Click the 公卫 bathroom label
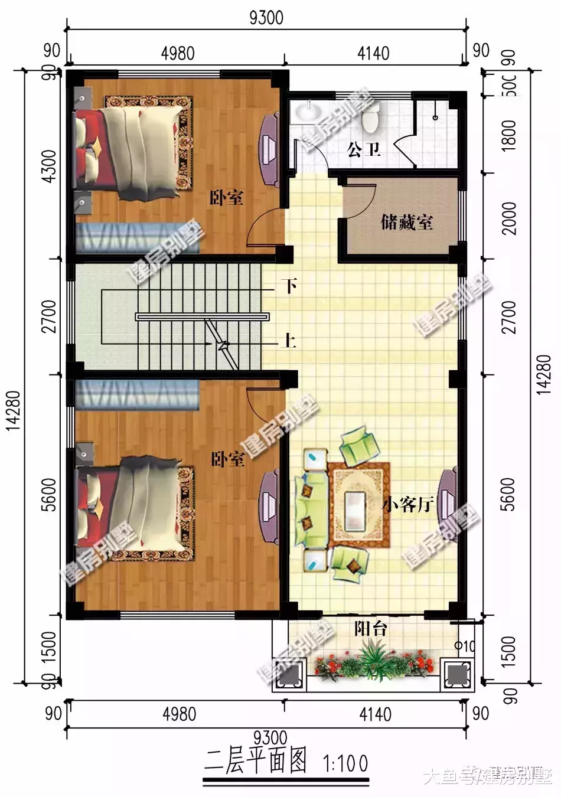pos(364,149)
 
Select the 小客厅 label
pos(407,504)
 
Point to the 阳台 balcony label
pos(371,629)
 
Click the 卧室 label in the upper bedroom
pos(227,198)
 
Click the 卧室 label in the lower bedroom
pos(228,459)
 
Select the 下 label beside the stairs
pos(289,286)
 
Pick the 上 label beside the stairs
pos(289,341)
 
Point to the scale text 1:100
pos(345,763)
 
